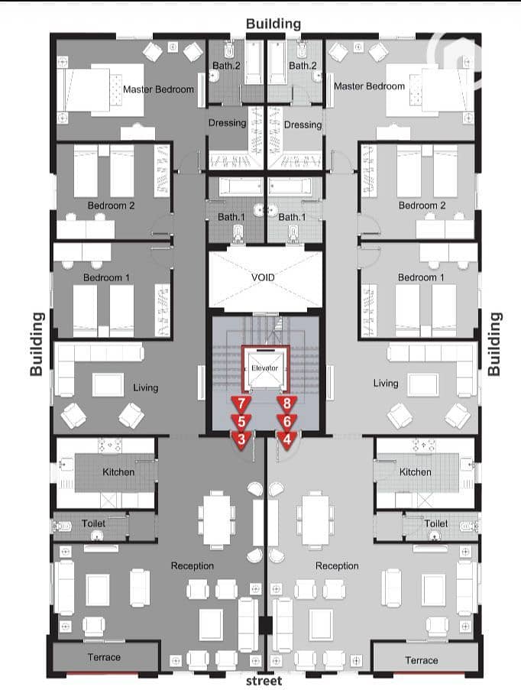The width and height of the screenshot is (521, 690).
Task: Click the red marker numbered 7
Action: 241,404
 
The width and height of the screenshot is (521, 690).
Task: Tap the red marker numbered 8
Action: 287,404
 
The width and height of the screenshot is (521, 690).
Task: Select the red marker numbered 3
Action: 241,440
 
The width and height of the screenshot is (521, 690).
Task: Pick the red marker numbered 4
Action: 287,440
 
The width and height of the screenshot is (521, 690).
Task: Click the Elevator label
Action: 264,368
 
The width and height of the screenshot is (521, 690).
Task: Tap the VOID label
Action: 263,277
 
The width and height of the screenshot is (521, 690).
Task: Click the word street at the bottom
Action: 264,681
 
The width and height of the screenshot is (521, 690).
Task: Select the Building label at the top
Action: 273,24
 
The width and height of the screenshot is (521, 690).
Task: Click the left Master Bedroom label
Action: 158,89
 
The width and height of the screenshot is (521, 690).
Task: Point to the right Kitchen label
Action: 415,472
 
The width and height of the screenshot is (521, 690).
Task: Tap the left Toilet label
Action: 93,523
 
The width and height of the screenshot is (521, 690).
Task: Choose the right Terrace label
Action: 422,660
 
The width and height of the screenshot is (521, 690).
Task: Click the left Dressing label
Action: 227,123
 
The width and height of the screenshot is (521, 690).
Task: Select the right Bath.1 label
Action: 292,217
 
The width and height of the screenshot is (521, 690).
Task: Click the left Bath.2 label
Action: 226,66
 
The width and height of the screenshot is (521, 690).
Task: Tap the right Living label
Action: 386,384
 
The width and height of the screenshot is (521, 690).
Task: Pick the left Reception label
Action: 193,566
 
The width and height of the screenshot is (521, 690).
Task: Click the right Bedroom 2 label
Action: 422,206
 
